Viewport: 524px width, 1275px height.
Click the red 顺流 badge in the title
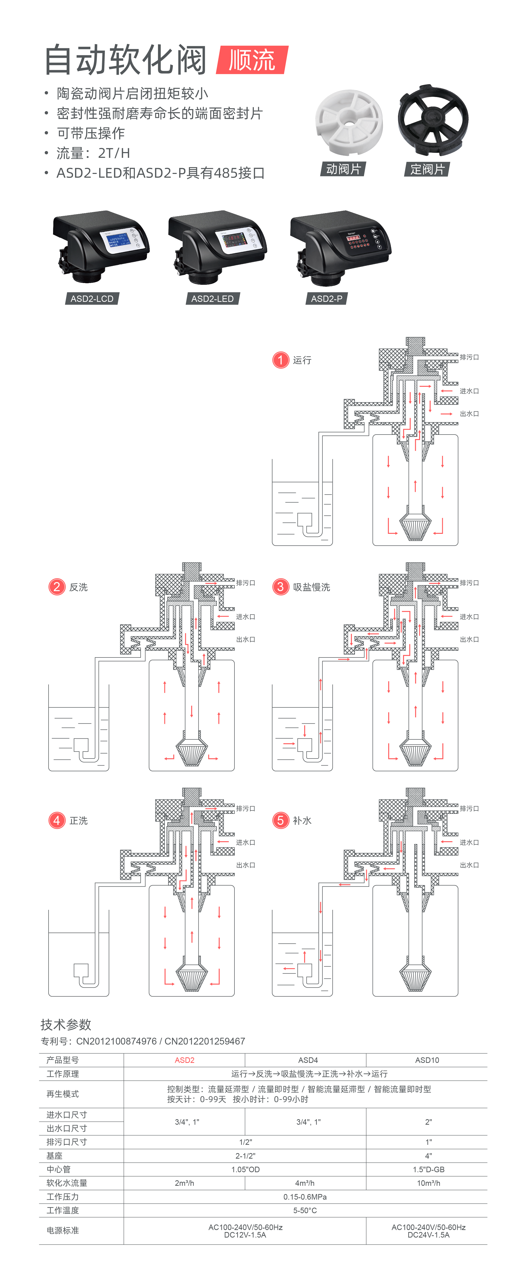[x=252, y=60]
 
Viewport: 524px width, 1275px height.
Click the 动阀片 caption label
[x=343, y=169]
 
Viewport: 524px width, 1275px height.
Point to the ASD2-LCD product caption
[x=92, y=299]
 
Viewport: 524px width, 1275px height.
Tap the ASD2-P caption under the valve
[x=326, y=299]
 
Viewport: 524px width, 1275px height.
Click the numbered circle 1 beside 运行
[x=280, y=360]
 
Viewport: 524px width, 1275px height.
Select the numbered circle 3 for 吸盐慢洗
[x=280, y=587]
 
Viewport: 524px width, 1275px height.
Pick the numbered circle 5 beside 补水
[x=280, y=820]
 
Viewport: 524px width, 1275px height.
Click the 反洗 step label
[x=78, y=587]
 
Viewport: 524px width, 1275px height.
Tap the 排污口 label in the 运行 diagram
[x=469, y=357]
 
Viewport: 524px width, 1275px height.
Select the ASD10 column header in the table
[x=427, y=1060]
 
